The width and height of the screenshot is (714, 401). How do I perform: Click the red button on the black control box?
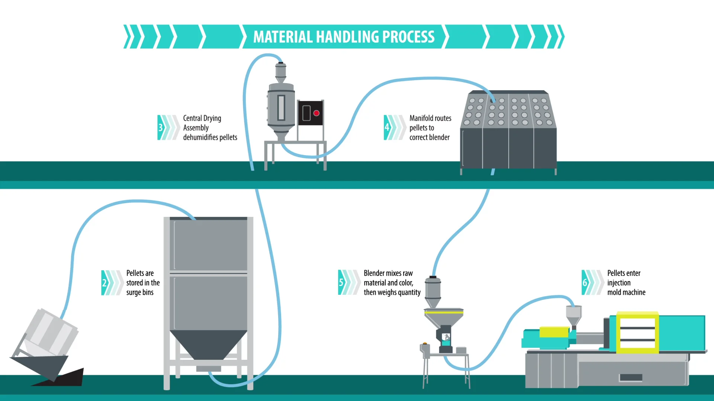(316, 113)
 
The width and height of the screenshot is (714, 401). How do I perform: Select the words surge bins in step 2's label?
(139, 292)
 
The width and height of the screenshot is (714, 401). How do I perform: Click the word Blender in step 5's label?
(374, 273)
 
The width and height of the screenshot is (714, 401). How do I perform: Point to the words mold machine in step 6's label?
(626, 292)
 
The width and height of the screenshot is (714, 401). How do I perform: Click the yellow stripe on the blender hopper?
(444, 312)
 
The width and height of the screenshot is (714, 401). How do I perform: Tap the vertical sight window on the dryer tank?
(281, 108)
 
